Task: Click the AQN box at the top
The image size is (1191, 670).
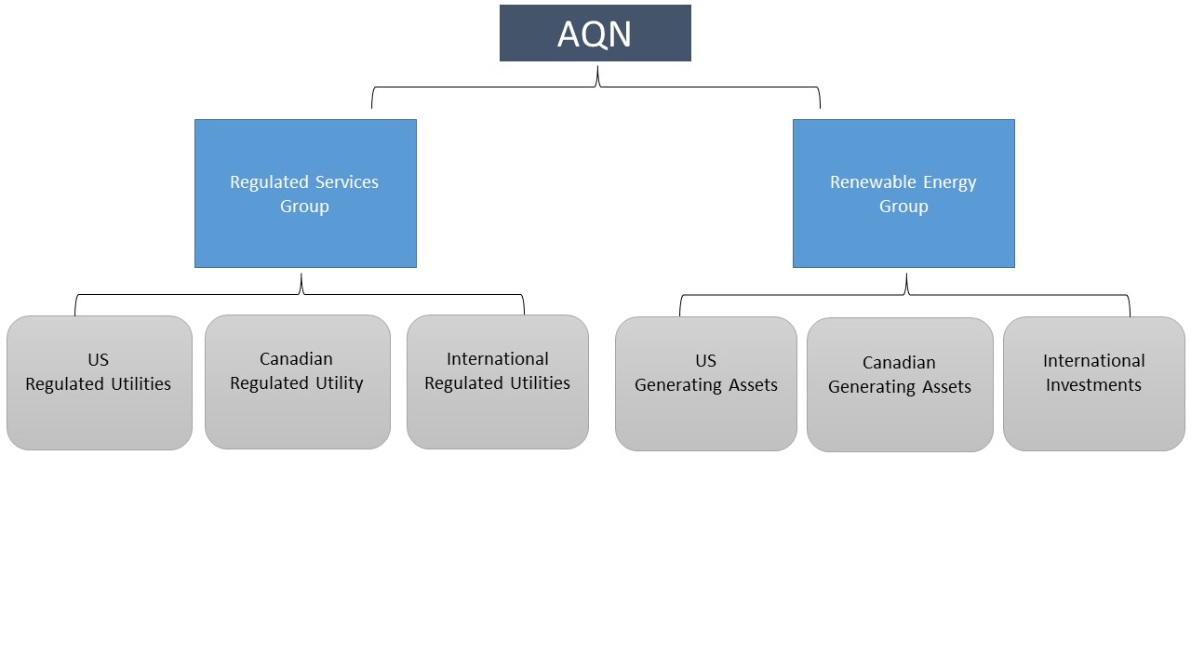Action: click(x=595, y=33)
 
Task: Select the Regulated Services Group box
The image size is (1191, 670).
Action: click(x=305, y=194)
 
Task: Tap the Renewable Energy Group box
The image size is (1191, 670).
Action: click(x=903, y=194)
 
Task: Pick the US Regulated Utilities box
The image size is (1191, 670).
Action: click(x=100, y=382)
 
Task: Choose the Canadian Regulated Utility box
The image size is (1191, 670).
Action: click(x=297, y=382)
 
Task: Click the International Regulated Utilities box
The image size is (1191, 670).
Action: click(x=498, y=382)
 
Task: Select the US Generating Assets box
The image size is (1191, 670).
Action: click(x=706, y=383)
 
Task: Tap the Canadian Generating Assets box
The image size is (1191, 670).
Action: click(x=900, y=384)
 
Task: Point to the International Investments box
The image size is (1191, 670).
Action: click(x=1093, y=383)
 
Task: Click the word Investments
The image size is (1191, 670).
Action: click(x=1093, y=385)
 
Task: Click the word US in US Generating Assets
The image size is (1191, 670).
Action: click(x=706, y=361)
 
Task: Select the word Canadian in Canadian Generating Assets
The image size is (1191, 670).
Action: click(x=899, y=363)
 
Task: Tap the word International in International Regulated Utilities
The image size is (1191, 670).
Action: click(x=498, y=359)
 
